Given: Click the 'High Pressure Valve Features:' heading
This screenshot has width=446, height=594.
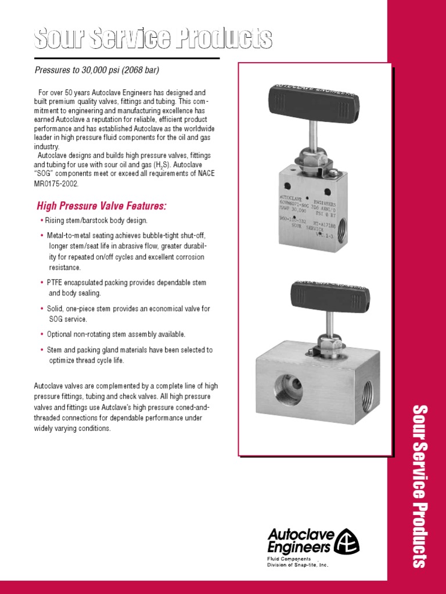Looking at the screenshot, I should [x=102, y=206].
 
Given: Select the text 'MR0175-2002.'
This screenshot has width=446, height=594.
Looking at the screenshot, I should [x=56, y=183].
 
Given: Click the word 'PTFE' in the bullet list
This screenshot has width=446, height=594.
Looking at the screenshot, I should [x=56, y=282].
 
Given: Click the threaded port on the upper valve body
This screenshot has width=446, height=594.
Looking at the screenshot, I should [x=351, y=222].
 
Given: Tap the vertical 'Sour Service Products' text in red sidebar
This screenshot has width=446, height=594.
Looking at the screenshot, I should [x=419, y=486].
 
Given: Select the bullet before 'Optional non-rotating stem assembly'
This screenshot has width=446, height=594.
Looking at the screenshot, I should [x=42, y=335].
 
